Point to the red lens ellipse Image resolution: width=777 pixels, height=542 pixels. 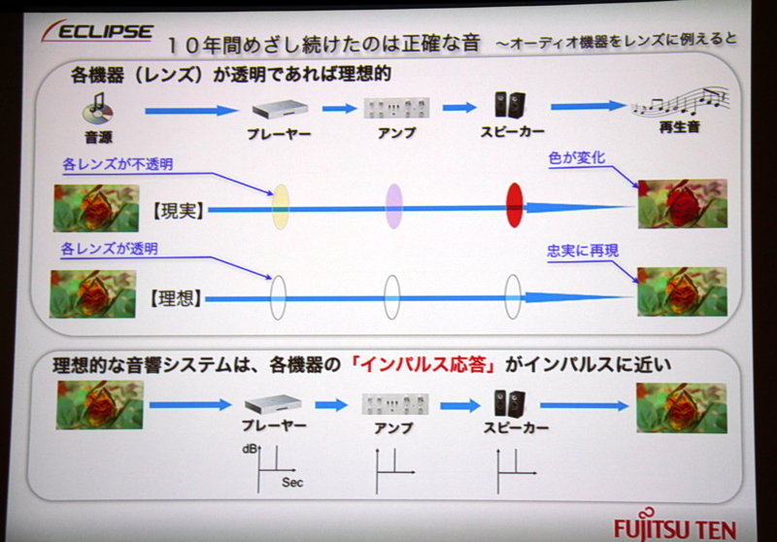[515, 204]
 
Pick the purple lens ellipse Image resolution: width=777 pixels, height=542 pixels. [393, 205]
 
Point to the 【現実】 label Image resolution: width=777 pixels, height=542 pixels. [179, 209]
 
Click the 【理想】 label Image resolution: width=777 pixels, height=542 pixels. [178, 297]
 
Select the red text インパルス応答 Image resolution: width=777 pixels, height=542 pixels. [424, 367]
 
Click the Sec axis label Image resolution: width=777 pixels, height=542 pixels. [292, 481]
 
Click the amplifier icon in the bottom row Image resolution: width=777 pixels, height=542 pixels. [393, 403]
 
